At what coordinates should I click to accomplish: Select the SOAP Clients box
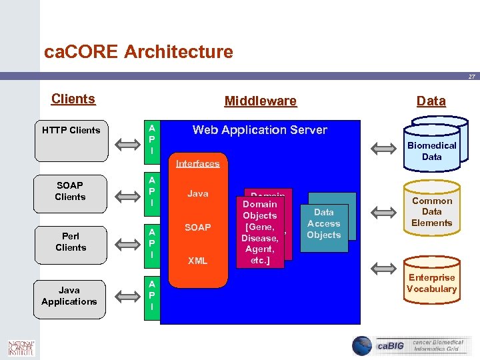71,191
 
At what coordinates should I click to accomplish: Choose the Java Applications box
69,296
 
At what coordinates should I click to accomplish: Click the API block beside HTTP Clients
153,139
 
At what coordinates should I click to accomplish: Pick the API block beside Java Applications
153,295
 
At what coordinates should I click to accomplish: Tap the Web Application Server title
259,130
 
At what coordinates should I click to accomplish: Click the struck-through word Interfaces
197,163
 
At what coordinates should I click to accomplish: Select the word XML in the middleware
197,261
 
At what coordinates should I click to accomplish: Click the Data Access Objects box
324,224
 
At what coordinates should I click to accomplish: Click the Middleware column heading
260,101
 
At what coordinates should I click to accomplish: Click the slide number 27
471,77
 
